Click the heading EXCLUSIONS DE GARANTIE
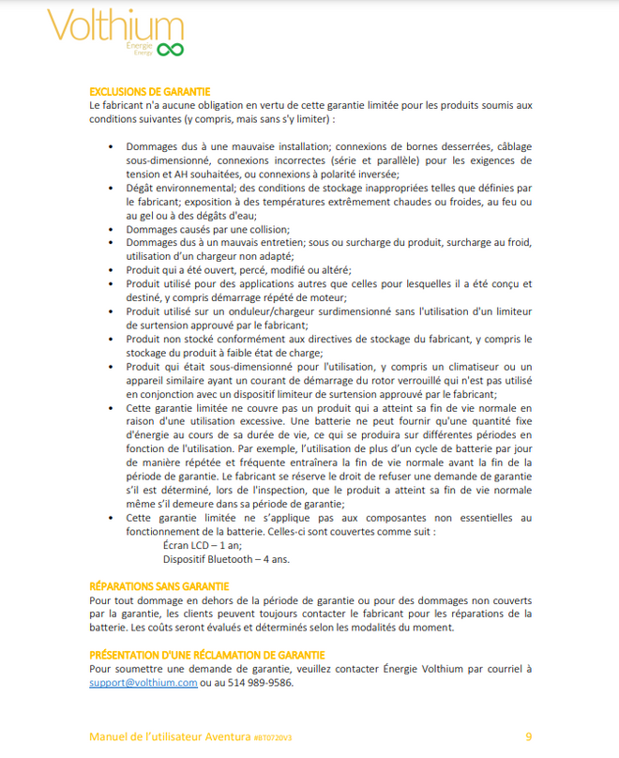tap(149, 91)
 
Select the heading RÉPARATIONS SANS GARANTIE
tap(159, 586)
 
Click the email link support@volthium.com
tap(143, 683)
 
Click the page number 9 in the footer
tap(528, 735)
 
